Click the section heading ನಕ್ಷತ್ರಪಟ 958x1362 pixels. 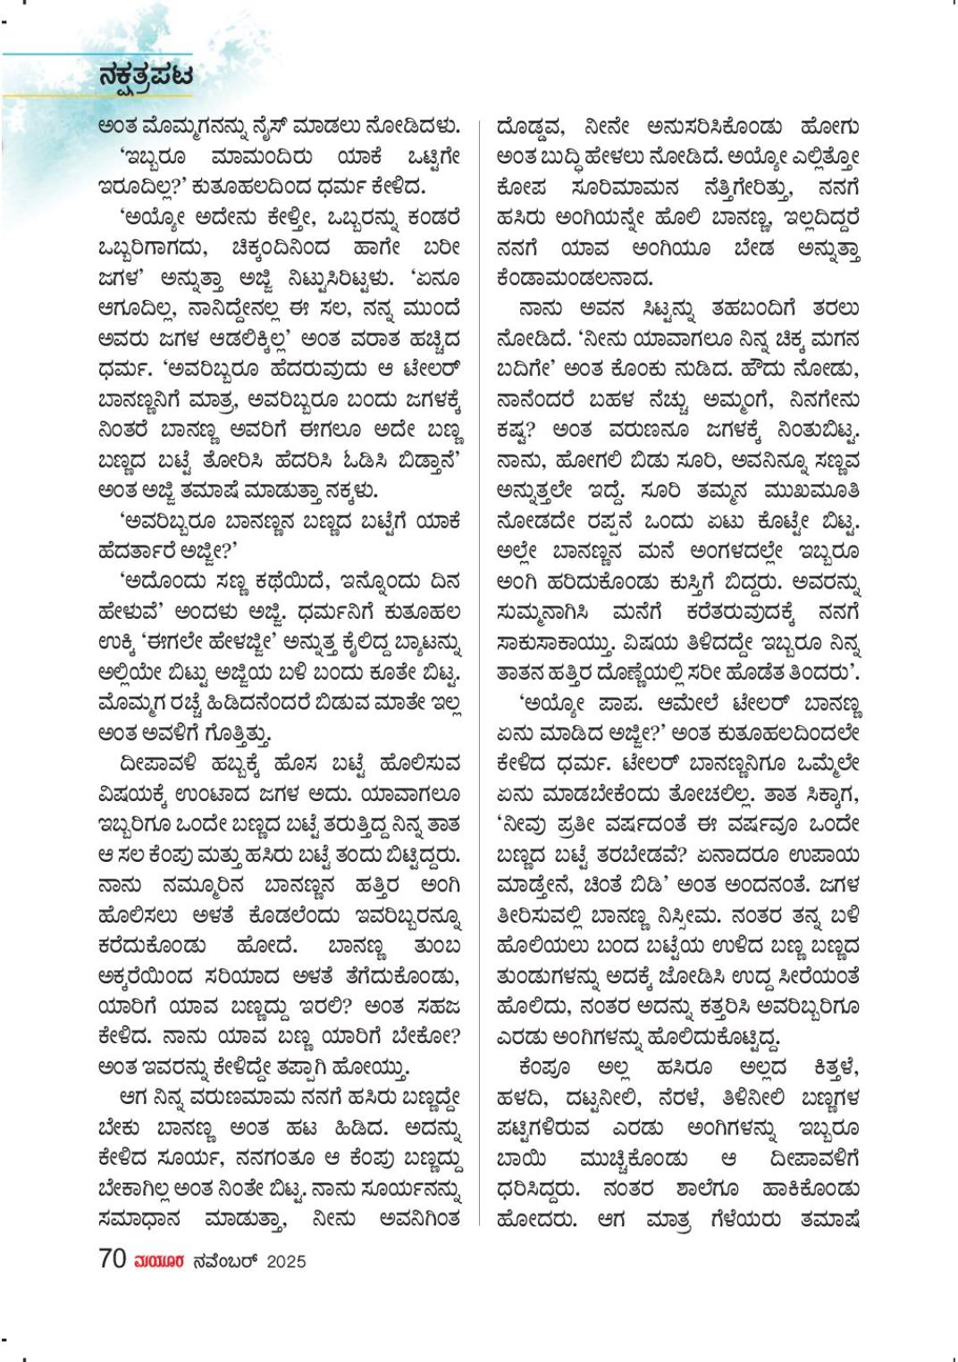click(146, 77)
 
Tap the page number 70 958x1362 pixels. click(113, 1259)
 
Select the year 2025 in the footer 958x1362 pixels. click(286, 1261)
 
